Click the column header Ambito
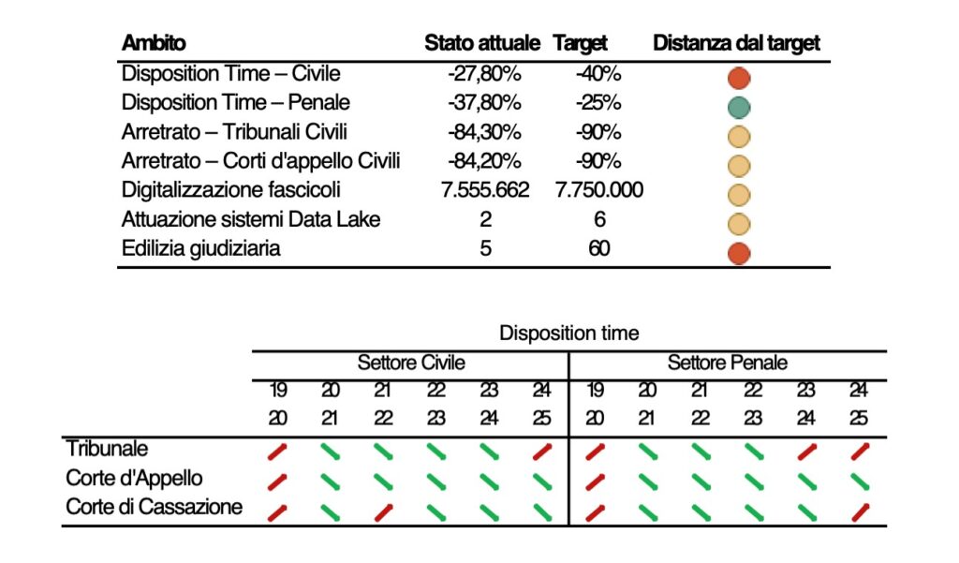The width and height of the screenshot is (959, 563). point(154,43)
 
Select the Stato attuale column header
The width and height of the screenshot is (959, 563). point(482,43)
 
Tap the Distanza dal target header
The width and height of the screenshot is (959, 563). point(736,43)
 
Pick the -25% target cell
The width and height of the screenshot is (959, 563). point(598,102)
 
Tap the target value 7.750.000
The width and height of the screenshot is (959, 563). point(598,190)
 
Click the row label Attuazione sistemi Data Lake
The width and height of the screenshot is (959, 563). point(252,219)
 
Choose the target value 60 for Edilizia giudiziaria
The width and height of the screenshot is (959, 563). point(598,249)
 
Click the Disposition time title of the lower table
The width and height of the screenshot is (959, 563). point(569,333)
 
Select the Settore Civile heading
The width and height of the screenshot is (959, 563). point(411,363)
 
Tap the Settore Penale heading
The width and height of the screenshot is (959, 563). point(728,363)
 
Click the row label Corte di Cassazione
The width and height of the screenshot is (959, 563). point(155,508)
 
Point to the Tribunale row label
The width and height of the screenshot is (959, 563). point(107,450)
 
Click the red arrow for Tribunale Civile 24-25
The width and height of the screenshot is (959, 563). point(541,452)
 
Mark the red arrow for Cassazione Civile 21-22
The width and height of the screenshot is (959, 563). point(383,511)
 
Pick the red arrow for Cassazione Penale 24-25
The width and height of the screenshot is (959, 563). point(859,511)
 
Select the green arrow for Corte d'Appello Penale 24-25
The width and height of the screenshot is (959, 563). point(859,482)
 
